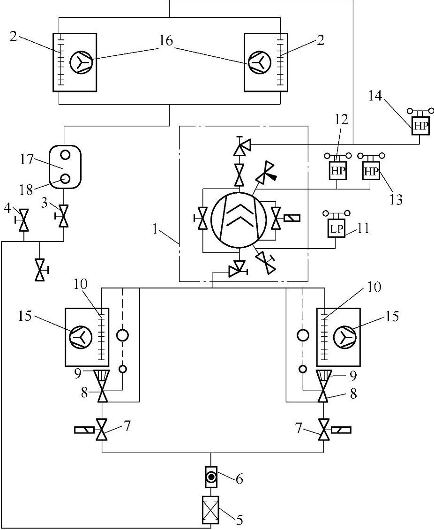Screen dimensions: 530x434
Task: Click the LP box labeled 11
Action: (x=337, y=229)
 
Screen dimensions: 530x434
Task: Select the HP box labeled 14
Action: (x=420, y=125)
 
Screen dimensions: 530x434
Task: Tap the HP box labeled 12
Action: (x=338, y=171)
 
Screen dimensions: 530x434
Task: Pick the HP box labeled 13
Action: (x=371, y=171)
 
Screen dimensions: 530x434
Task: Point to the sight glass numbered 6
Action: (x=211, y=478)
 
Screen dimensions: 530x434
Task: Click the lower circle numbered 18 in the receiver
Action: (x=65, y=178)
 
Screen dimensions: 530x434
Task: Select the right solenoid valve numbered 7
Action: (x=323, y=430)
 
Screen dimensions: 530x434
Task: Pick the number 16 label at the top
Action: (x=166, y=41)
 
